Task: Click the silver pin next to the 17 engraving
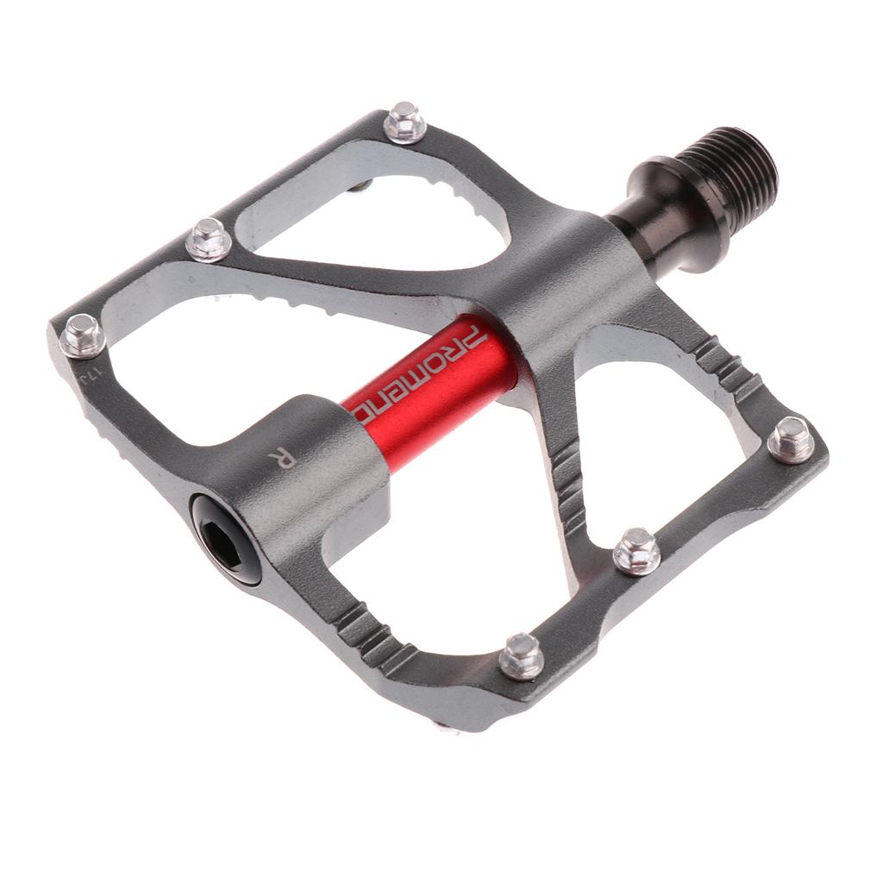point(82,335)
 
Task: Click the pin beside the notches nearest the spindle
point(790,439)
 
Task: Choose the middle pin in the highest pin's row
point(208,239)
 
